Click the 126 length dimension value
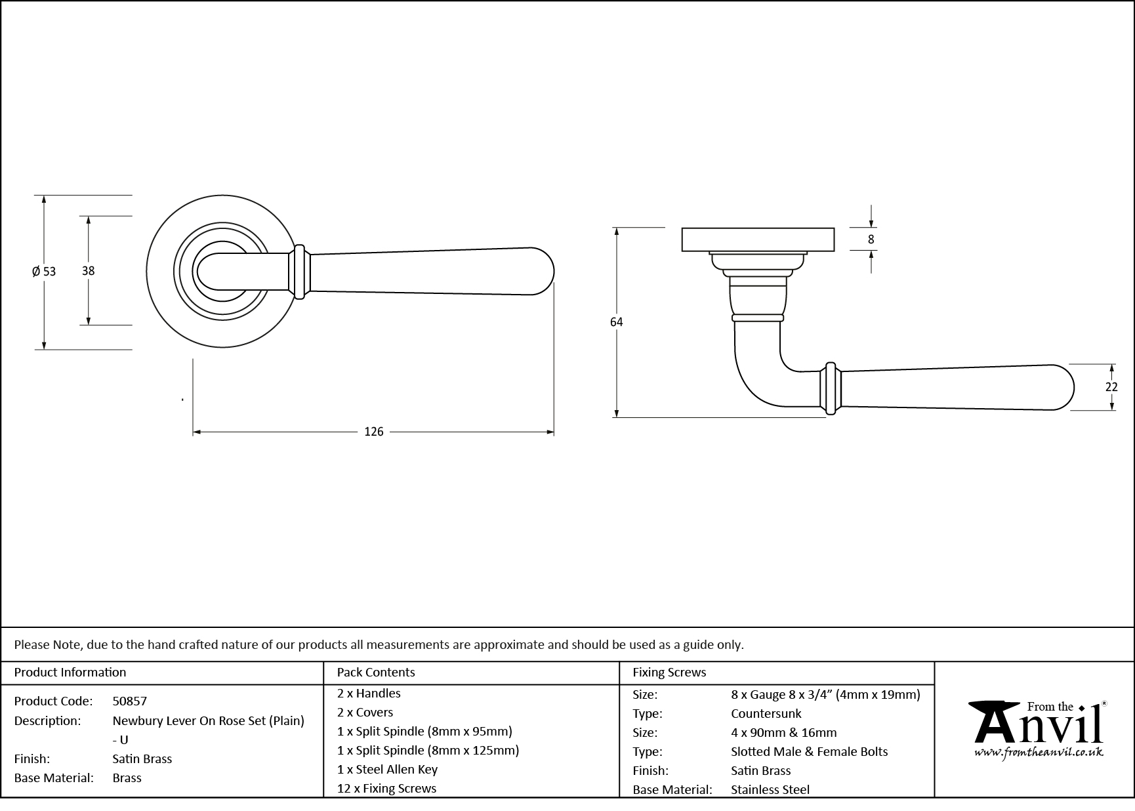[373, 432]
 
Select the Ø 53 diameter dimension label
[44, 271]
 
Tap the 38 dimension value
[88, 270]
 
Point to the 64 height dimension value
[616, 322]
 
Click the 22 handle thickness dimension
[1111, 387]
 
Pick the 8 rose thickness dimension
[871, 239]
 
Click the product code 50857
[130, 701]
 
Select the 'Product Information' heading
[70, 672]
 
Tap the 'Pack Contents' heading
[375, 672]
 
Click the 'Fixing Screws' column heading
[669, 672]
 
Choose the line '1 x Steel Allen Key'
[387, 769]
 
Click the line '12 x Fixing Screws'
[386, 788]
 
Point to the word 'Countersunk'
[766, 713]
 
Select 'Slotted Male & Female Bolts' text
[809, 751]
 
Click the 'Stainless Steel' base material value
[770, 789]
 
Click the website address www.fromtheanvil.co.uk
[1039, 753]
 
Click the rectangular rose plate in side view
[758, 239]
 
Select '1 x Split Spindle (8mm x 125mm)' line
[428, 750]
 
